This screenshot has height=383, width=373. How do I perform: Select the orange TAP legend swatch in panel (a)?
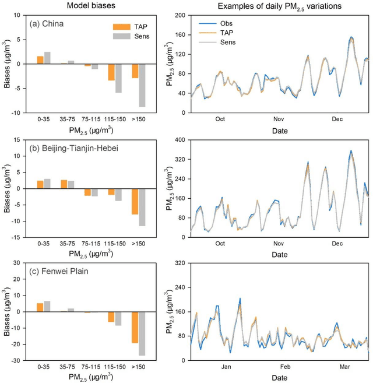tap(122, 26)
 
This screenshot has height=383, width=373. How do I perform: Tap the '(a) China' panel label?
tap(47, 24)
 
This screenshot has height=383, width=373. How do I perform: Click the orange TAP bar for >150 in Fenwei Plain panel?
tap(135, 327)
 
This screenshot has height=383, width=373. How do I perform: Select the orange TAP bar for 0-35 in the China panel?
tap(40, 60)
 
